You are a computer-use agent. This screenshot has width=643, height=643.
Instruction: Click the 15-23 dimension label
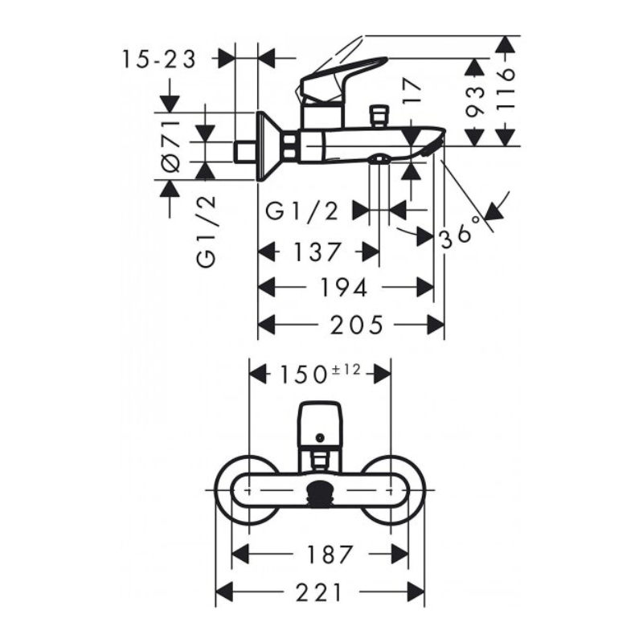[159, 60]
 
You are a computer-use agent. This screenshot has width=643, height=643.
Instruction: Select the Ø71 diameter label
[171, 146]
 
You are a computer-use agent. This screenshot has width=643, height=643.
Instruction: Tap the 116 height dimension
[505, 89]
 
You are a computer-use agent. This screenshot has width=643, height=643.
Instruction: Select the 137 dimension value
[317, 252]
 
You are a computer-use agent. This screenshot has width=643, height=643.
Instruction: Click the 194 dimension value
[344, 287]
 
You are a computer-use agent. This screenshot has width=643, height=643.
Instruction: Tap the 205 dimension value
[357, 325]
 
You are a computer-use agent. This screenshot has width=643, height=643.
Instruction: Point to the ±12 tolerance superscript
[346, 370]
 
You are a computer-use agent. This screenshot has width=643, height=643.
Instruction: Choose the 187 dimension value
[330, 555]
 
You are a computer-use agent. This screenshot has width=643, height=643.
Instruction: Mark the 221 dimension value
[319, 592]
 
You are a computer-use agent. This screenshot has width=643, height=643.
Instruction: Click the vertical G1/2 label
[207, 231]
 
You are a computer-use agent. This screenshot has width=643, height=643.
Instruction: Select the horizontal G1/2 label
[302, 211]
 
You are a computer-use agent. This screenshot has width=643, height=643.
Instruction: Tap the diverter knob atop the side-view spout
[379, 117]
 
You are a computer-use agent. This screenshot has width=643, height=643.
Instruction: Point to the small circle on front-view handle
[319, 438]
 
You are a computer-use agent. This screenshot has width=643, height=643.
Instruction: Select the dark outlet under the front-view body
[320, 489]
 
